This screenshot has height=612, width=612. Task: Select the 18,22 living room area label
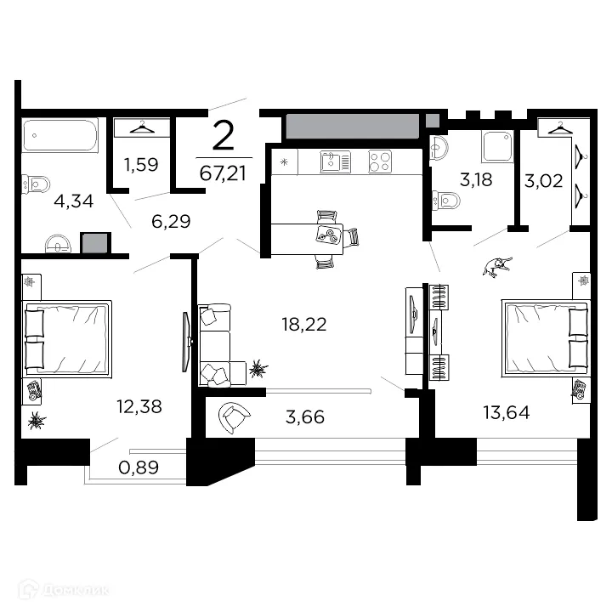tap(304, 324)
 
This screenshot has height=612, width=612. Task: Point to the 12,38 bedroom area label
tap(139, 407)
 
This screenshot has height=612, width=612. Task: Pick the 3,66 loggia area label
tap(306, 417)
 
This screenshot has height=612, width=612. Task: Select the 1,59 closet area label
tap(141, 164)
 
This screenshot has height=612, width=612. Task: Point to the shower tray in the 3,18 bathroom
tap(496, 146)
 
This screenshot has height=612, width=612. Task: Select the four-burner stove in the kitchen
tap(380, 161)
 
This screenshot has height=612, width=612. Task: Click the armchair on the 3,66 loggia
tap(234, 417)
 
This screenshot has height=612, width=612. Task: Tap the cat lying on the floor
tap(496, 266)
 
